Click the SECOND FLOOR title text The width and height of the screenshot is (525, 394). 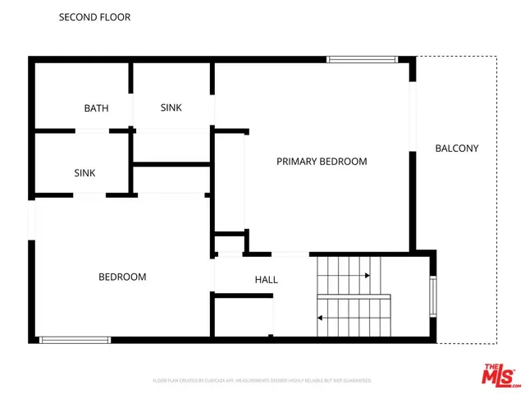pyautogui.click(x=94, y=17)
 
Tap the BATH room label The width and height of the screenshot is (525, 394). pyautogui.click(x=96, y=108)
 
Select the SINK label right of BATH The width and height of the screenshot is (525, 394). pyautogui.click(x=171, y=108)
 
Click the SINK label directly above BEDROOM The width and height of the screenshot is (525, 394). pyautogui.click(x=84, y=173)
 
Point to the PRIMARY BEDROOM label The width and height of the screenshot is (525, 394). pyautogui.click(x=322, y=162)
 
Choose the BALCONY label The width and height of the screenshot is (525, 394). pyautogui.click(x=456, y=149)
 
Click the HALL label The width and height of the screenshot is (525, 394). pyautogui.click(x=266, y=280)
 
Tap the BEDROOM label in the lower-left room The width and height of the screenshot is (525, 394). pyautogui.click(x=122, y=277)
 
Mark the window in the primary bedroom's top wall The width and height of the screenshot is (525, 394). pyautogui.click(x=362, y=59)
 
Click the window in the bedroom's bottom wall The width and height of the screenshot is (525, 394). pyautogui.click(x=75, y=339)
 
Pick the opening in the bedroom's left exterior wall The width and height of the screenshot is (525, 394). pyautogui.click(x=32, y=220)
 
